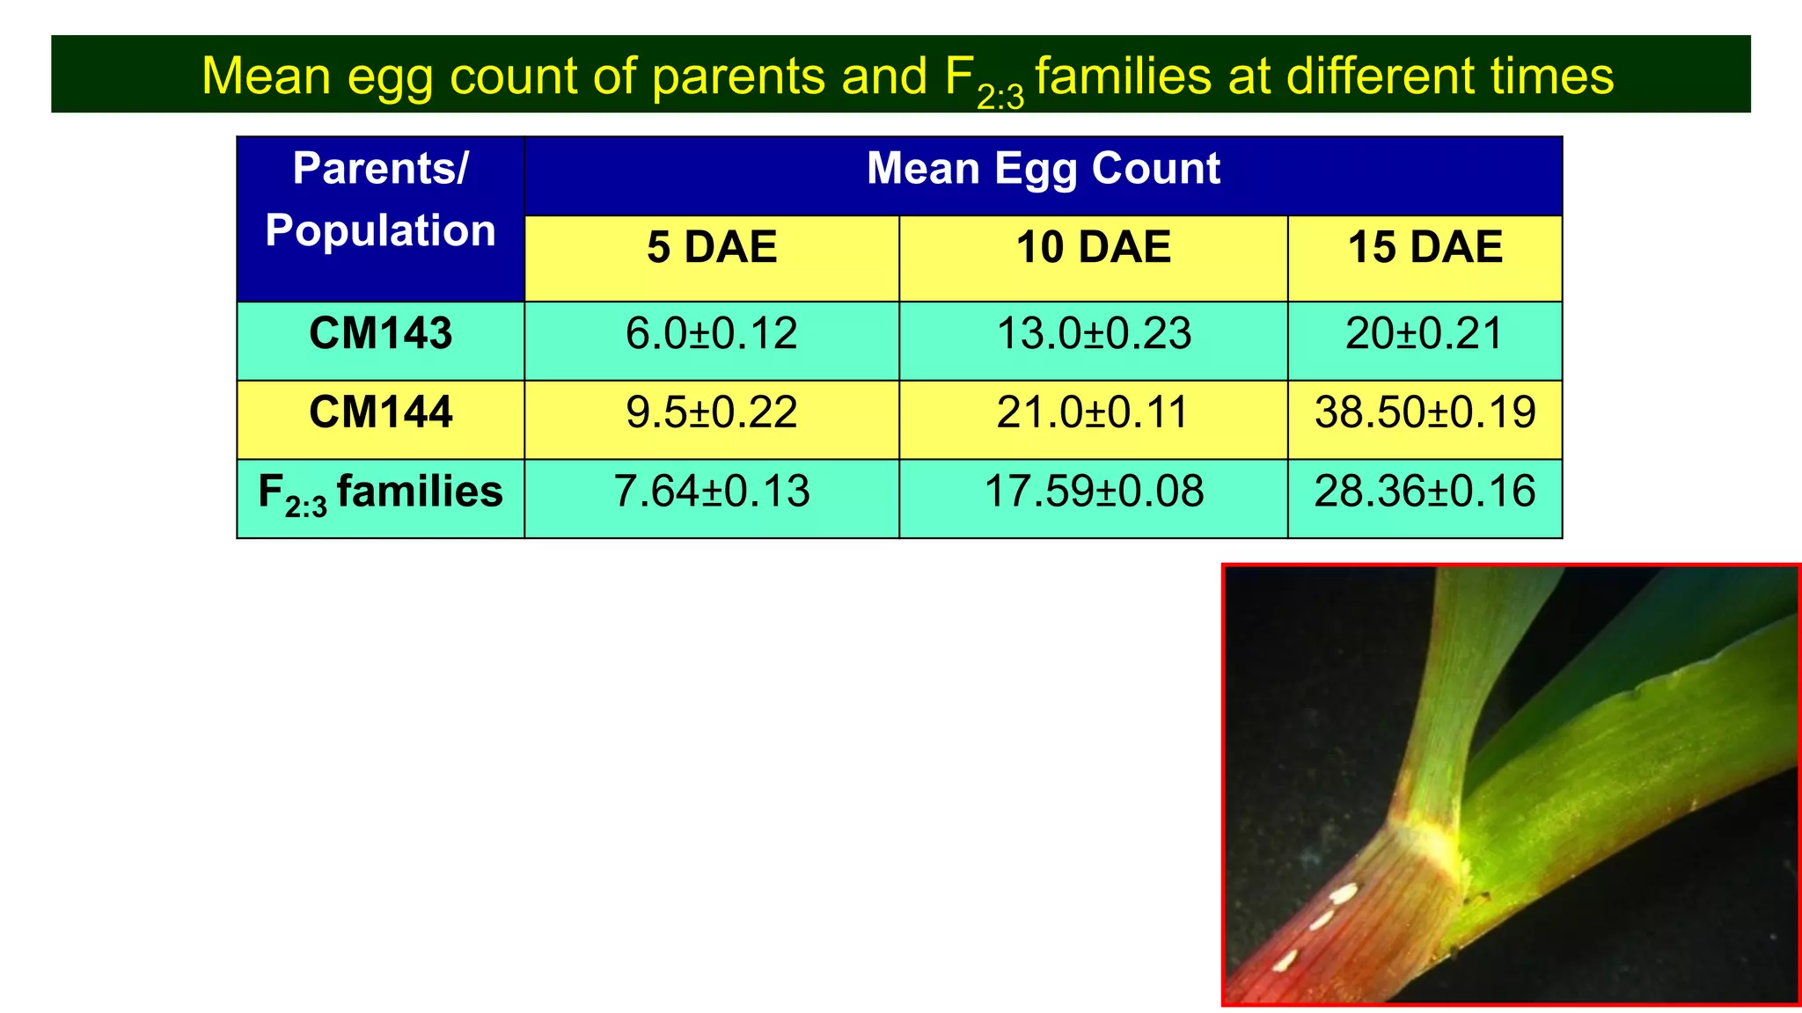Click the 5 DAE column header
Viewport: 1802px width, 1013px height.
tap(712, 248)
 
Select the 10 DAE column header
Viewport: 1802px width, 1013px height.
tap(1094, 248)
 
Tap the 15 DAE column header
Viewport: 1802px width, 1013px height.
tap(1425, 248)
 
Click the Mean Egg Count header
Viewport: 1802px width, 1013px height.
tap(1043, 169)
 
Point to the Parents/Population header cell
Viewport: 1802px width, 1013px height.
tap(380, 200)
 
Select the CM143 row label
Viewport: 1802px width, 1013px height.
tap(380, 334)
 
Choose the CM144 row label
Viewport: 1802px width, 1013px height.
tap(380, 412)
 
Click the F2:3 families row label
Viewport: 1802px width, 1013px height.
tap(380, 492)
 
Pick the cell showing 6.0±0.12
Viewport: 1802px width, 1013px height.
tap(712, 334)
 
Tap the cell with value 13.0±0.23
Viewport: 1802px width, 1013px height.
tap(1094, 334)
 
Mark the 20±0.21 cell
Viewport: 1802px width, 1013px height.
tap(1425, 334)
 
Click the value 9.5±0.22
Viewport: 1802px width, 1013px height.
tap(712, 412)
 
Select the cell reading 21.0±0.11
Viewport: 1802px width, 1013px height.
tap(1094, 412)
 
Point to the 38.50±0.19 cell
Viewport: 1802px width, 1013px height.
tap(1425, 412)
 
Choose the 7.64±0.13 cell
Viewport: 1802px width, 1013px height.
tap(712, 492)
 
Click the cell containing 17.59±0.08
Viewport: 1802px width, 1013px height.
tap(1094, 492)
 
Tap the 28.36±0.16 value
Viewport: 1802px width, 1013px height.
tap(1425, 492)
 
